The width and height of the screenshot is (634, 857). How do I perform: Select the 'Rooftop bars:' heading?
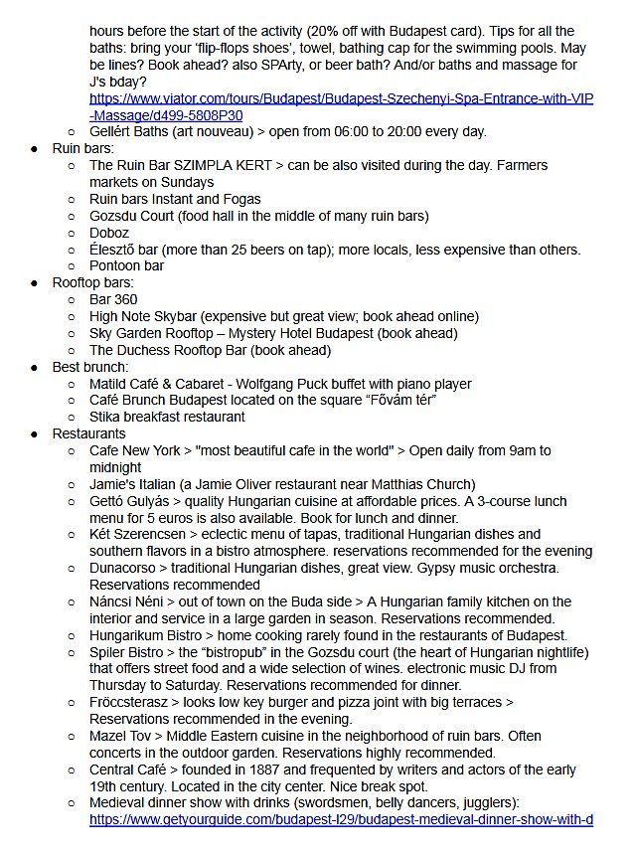coord(94,282)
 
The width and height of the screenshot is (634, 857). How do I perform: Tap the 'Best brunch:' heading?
coord(90,367)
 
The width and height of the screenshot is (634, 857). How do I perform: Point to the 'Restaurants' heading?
coord(89,433)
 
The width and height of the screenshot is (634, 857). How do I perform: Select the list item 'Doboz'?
coord(109,232)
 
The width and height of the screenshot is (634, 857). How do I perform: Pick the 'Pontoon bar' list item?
coord(127,265)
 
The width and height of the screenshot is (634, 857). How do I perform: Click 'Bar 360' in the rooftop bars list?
coord(113,299)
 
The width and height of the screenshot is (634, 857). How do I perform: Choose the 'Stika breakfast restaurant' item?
coord(167,417)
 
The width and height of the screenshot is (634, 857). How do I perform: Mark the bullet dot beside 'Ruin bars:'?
coord(34,148)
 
